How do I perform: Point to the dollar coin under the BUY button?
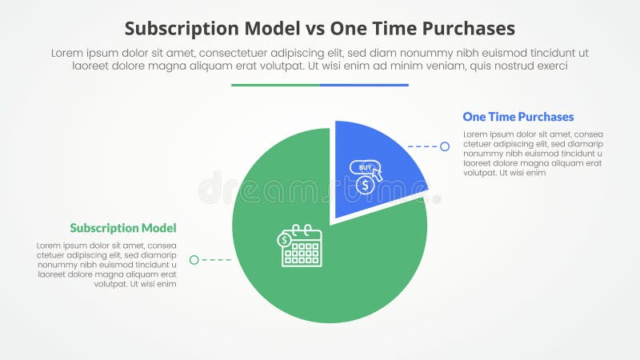(365, 185)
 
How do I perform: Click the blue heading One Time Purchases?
(518, 117)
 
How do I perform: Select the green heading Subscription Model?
(122, 227)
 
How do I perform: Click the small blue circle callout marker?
(445, 146)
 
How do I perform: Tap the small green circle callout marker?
(194, 260)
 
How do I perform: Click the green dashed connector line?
(215, 260)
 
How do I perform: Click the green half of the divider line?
(275, 85)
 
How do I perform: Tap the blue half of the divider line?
(364, 85)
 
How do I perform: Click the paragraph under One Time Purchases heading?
(532, 153)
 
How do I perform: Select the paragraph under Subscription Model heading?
(106, 264)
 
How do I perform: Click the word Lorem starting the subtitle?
(67, 52)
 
